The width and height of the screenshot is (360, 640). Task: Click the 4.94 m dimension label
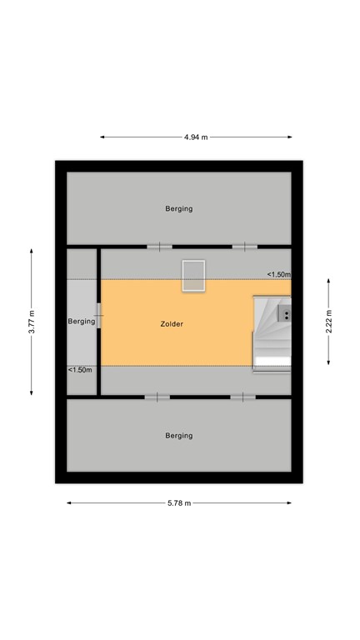coord(196,137)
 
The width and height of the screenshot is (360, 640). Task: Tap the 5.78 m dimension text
coord(179,503)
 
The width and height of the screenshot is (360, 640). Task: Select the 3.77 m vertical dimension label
coord(32,322)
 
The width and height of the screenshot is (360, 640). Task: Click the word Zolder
coord(172,323)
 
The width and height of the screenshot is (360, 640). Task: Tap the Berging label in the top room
coord(178,209)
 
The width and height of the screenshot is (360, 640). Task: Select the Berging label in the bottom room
coord(178,435)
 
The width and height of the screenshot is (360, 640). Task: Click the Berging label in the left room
coord(81,321)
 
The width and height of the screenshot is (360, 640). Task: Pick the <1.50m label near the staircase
coord(278,274)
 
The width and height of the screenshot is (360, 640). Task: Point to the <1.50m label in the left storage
coord(81,369)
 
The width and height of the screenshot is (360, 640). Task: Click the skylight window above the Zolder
coord(193,276)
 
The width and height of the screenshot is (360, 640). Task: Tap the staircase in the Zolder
coord(272,331)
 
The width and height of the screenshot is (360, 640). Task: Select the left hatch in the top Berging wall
coord(159,246)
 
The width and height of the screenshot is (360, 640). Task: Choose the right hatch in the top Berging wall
coord(244,246)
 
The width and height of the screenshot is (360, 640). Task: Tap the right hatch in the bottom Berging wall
coord(242,397)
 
